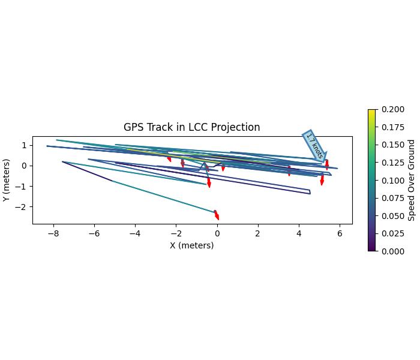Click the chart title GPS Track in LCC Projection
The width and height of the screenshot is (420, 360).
click(191, 127)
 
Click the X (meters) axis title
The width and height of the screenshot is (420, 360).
click(191, 245)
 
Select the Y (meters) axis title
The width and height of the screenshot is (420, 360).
click(7, 180)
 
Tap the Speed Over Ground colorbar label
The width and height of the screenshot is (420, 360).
click(412, 180)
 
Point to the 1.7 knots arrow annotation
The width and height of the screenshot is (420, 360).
click(315, 146)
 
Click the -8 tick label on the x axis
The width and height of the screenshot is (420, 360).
click(53, 234)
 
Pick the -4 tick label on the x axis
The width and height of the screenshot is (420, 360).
click(135, 234)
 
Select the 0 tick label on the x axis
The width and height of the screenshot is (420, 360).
click(217, 234)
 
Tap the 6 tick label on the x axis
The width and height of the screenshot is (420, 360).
click(340, 234)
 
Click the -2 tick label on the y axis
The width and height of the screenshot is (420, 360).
click(24, 207)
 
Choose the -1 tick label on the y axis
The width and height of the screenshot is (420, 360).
click(24, 187)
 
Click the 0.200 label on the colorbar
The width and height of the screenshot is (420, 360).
click(389, 109)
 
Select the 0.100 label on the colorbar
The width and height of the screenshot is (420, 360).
click(389, 180)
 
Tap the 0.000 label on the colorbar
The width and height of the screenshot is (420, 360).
click(389, 251)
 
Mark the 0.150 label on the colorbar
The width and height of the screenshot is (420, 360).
click(389, 145)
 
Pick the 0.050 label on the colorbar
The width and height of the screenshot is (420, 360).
click(389, 216)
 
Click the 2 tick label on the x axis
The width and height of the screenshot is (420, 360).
click(258, 234)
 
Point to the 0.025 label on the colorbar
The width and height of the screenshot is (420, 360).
click(389, 233)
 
